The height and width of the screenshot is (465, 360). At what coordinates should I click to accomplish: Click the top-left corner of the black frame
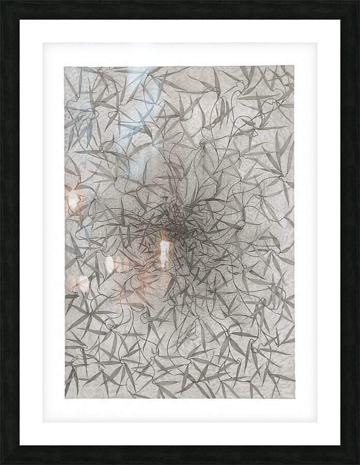(1, 1)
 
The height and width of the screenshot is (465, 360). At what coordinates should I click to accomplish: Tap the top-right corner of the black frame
(358, 1)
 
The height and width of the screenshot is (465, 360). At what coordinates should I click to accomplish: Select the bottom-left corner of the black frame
(1, 463)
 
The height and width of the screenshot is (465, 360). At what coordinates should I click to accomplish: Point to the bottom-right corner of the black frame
(358, 463)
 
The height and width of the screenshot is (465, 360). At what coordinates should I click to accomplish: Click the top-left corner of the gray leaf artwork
(65, 66)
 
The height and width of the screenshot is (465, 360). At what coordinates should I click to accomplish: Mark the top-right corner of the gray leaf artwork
(294, 66)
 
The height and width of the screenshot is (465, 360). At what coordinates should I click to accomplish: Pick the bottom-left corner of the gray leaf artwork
(65, 398)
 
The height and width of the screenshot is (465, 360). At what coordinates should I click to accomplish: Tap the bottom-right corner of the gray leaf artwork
(294, 398)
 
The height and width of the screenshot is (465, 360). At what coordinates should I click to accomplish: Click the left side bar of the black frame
(9, 233)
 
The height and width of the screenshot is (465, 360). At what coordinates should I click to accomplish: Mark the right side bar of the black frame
(350, 233)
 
